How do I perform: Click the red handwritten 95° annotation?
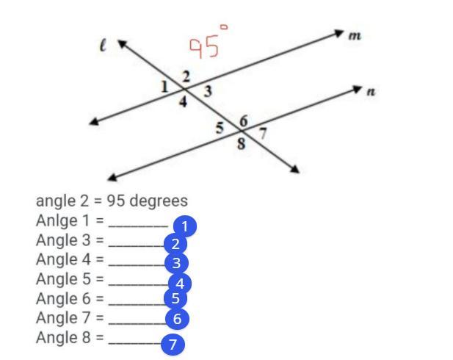(x=208, y=42)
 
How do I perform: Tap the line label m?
(x=355, y=36)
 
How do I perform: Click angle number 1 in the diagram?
(x=166, y=86)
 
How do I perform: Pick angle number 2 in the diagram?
(x=186, y=76)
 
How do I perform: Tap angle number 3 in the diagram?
(x=208, y=91)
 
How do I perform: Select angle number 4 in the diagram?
(x=184, y=103)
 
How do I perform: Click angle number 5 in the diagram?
(x=220, y=128)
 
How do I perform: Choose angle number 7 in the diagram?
(x=263, y=134)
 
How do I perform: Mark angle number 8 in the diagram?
(x=242, y=144)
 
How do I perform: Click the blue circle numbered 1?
(x=185, y=226)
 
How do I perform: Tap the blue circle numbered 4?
(x=180, y=283)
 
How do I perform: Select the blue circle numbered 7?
(x=173, y=344)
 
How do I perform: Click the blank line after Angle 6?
(x=136, y=301)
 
